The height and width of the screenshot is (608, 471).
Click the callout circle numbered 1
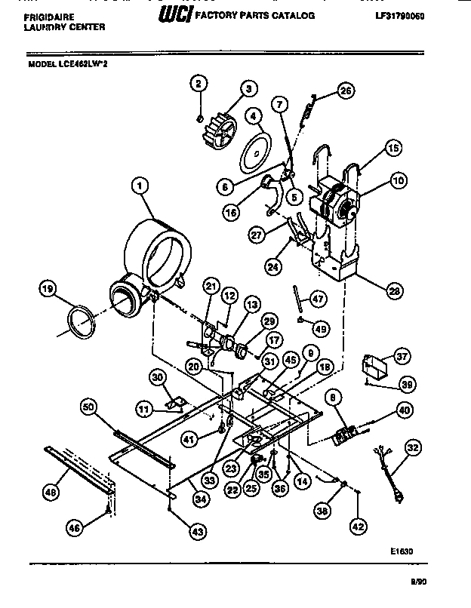coord(139,184)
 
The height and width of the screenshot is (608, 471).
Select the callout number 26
coord(345,92)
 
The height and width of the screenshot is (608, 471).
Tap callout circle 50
coord(89,407)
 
